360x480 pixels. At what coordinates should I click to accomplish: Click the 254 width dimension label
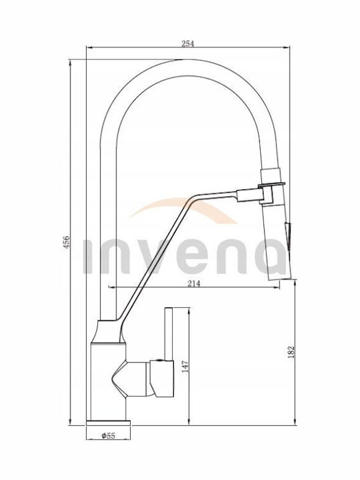[187, 43]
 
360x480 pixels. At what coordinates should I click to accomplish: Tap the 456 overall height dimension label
[67, 242]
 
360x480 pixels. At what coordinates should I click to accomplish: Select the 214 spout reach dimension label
[193, 284]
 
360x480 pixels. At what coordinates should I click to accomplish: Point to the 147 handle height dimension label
[185, 367]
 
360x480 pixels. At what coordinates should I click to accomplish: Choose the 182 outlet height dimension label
[291, 352]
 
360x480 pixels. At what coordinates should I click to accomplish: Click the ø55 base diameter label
[109, 435]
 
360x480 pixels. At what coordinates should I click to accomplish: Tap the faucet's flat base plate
[109, 423]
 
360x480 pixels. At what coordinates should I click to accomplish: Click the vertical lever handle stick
[169, 334]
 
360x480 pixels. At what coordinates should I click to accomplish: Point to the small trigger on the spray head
[289, 233]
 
